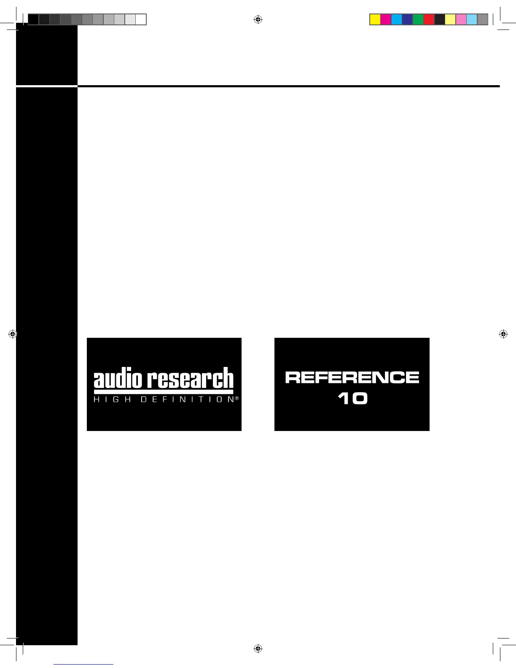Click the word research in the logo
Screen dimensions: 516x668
[x=190, y=378]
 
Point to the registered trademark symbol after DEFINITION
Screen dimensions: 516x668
[x=237, y=398]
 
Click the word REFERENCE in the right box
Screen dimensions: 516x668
[x=352, y=377]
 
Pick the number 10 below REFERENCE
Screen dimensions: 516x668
[x=352, y=399]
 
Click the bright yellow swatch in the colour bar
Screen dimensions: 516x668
[x=375, y=19]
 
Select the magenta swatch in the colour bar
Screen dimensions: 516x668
[x=386, y=19]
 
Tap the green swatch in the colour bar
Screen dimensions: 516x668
[x=418, y=19]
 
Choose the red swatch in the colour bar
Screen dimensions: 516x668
[x=429, y=19]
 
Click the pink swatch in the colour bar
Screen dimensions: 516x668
[x=461, y=19]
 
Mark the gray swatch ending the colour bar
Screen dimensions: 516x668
[x=483, y=19]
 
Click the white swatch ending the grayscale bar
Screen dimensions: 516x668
[x=141, y=19]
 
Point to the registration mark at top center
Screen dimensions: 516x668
[x=258, y=19]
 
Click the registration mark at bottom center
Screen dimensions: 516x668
[x=258, y=649]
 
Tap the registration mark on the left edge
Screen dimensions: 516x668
[x=13, y=334]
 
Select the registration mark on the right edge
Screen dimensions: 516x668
[x=503, y=334]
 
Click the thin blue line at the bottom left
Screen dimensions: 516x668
[x=83, y=664]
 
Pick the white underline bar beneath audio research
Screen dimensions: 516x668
[x=164, y=392]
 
